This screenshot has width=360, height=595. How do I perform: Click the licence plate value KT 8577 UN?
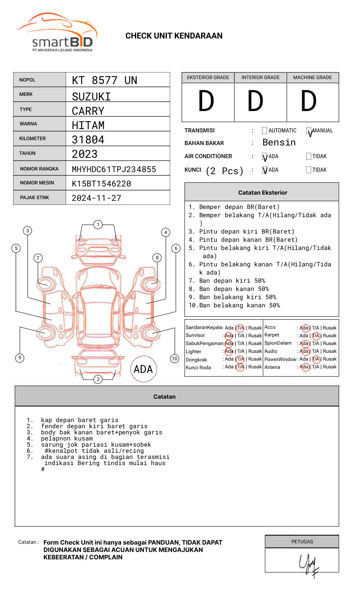[x=105, y=80]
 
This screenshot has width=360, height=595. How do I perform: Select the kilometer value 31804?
[x=88, y=140]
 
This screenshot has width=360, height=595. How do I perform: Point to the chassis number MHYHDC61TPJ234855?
[x=114, y=169]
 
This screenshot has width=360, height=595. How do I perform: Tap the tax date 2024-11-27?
[x=96, y=198]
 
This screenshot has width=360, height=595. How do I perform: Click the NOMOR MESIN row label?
[x=37, y=183]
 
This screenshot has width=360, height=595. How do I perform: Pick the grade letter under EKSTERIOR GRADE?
[x=206, y=101]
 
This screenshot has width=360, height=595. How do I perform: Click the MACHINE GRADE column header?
[x=312, y=77]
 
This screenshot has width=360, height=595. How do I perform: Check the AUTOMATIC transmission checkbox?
[x=264, y=131]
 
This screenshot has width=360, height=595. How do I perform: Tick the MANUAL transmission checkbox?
[x=309, y=131]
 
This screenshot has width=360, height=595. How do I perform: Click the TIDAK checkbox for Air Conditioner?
[x=309, y=157]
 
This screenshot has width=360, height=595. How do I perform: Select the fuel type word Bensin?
[x=279, y=143]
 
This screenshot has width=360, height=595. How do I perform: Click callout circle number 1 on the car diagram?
[x=98, y=225]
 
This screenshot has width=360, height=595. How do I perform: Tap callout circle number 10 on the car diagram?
[x=175, y=359]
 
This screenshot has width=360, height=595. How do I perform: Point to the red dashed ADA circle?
[x=144, y=369]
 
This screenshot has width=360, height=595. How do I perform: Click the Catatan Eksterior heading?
[x=262, y=193]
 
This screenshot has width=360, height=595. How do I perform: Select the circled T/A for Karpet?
[x=316, y=336]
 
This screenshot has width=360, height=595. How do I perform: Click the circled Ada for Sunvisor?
[x=229, y=336]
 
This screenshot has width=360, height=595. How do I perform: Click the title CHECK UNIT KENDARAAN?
[x=174, y=36]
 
